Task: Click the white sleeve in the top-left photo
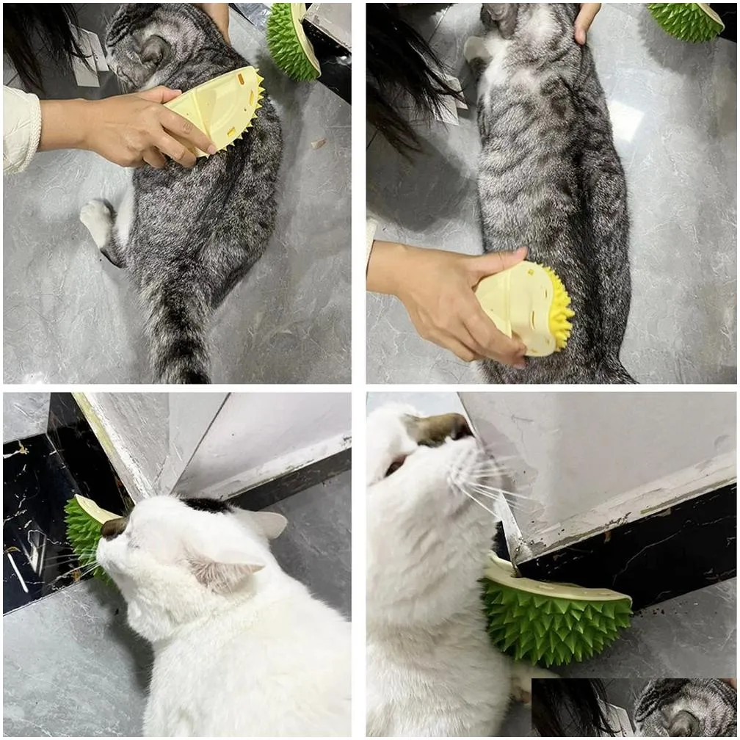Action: [21, 128]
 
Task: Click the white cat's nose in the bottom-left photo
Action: [112, 527]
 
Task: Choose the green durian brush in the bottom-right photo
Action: [558, 617]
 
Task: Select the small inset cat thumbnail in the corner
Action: [635, 708]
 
